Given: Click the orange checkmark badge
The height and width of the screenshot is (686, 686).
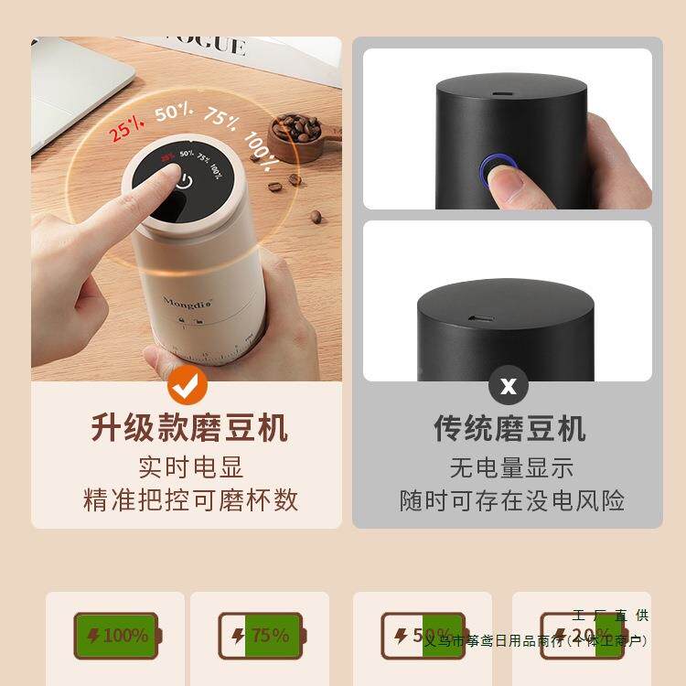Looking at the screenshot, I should [x=188, y=387].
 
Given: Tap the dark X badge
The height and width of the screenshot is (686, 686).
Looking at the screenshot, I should [x=508, y=386].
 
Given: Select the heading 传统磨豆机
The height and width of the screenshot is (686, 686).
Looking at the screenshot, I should [x=509, y=428].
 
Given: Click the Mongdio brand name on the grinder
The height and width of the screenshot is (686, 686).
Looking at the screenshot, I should [x=188, y=301].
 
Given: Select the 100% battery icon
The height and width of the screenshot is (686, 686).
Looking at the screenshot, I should [x=117, y=635].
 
